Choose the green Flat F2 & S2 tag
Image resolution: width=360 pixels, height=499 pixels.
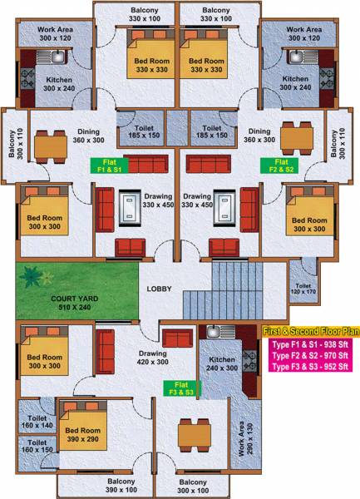[277, 164]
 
